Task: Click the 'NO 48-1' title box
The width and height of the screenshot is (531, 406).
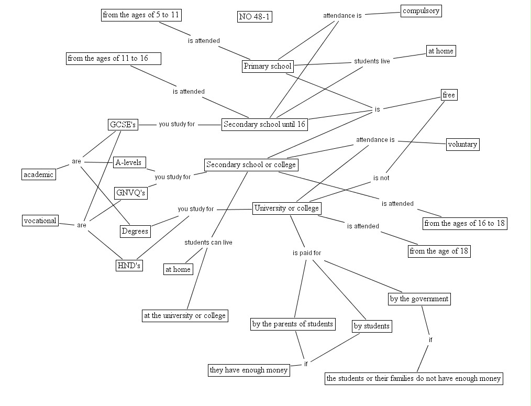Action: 255,17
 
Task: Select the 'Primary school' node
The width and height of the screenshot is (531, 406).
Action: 267,67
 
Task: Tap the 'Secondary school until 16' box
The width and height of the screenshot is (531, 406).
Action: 264,125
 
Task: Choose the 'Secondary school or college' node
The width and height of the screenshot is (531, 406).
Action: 251,165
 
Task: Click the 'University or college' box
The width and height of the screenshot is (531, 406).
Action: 286,209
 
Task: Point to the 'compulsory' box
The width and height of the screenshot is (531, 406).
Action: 421,11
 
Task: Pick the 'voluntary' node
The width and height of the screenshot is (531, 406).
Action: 462,145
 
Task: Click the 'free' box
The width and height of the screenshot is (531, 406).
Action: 449,95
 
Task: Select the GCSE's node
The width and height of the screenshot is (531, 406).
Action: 123,125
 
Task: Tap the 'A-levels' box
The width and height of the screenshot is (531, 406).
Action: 129,162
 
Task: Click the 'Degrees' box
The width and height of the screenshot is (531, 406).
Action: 135,231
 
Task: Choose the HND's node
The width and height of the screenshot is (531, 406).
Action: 129,266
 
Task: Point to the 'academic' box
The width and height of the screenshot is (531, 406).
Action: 39,174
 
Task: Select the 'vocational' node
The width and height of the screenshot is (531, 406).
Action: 40,221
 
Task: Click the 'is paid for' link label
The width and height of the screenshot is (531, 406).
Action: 307,253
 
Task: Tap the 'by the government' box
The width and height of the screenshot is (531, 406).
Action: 419,299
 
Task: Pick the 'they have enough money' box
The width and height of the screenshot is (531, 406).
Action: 249,370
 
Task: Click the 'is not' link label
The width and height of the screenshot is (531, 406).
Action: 381,178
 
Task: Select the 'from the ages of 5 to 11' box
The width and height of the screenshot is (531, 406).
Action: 141,15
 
